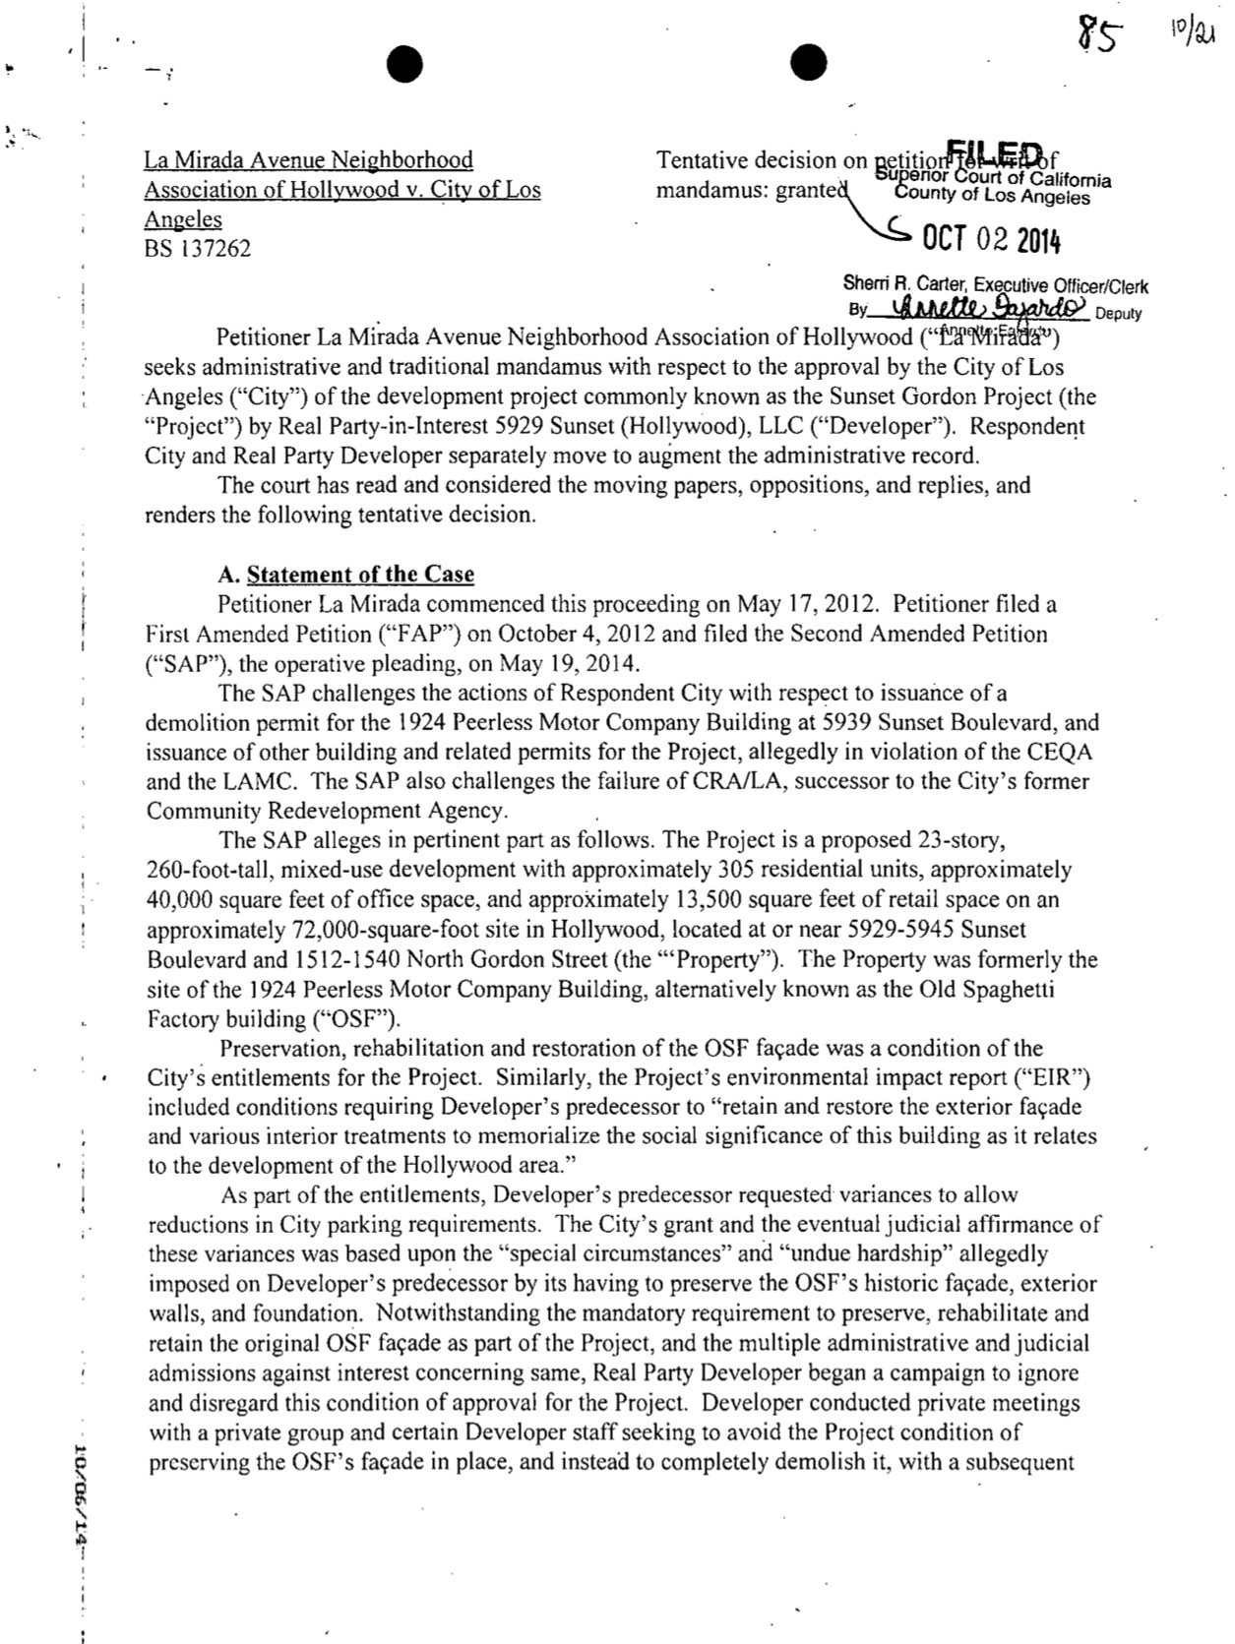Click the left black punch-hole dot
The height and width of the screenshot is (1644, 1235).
(404, 65)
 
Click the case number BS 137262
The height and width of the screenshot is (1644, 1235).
(197, 249)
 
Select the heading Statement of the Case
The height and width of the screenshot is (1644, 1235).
(360, 575)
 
